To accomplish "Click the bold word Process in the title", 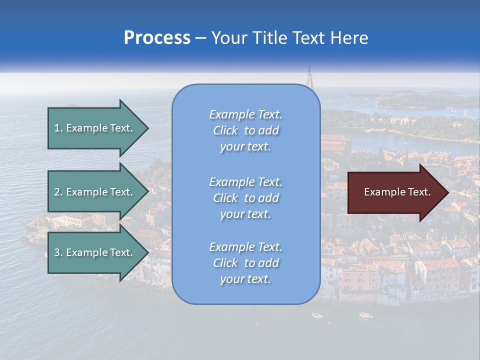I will point(157,38).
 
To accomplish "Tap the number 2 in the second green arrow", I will point(57,192).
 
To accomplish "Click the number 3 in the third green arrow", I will point(57,252).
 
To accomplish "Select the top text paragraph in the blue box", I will point(245,130).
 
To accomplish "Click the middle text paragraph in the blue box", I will point(245,198).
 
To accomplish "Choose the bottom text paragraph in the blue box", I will point(245,263).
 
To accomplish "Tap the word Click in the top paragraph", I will point(225,130).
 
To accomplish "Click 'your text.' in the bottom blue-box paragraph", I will point(245,279).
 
